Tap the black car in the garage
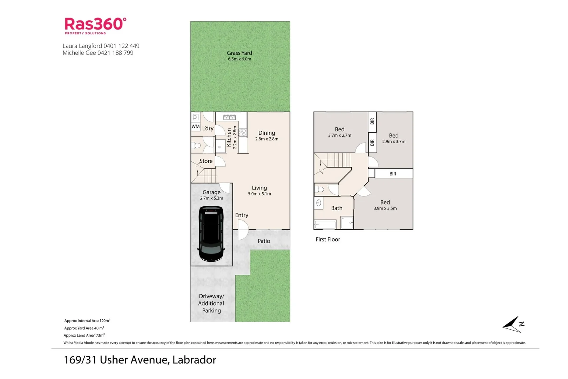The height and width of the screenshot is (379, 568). pyautogui.click(x=211, y=234)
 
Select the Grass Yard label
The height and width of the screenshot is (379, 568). pyautogui.click(x=239, y=53)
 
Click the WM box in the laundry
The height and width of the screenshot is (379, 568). pyautogui.click(x=195, y=127)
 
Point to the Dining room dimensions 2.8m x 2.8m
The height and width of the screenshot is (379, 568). pyautogui.click(x=266, y=139)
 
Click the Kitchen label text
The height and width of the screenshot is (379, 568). pyautogui.click(x=229, y=137)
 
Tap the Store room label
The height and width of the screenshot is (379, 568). pyautogui.click(x=206, y=161)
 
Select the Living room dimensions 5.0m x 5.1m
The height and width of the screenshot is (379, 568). pyautogui.click(x=259, y=194)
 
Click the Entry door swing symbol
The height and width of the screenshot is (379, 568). pyautogui.click(x=243, y=230)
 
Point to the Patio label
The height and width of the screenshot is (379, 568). pyautogui.click(x=264, y=241)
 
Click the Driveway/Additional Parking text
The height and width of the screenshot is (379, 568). pyautogui.click(x=211, y=304)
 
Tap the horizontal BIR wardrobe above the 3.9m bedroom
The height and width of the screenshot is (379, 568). pyautogui.click(x=393, y=174)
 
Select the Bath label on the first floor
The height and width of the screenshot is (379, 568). pyautogui.click(x=337, y=208)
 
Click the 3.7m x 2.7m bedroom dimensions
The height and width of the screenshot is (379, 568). pyautogui.click(x=339, y=135)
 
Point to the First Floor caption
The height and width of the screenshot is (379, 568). pyautogui.click(x=328, y=239)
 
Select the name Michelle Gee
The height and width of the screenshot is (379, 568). pyautogui.click(x=79, y=53)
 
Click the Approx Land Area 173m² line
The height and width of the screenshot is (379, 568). pyautogui.click(x=84, y=335)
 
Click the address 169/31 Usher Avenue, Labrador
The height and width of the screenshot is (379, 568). pyautogui.click(x=140, y=360)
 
